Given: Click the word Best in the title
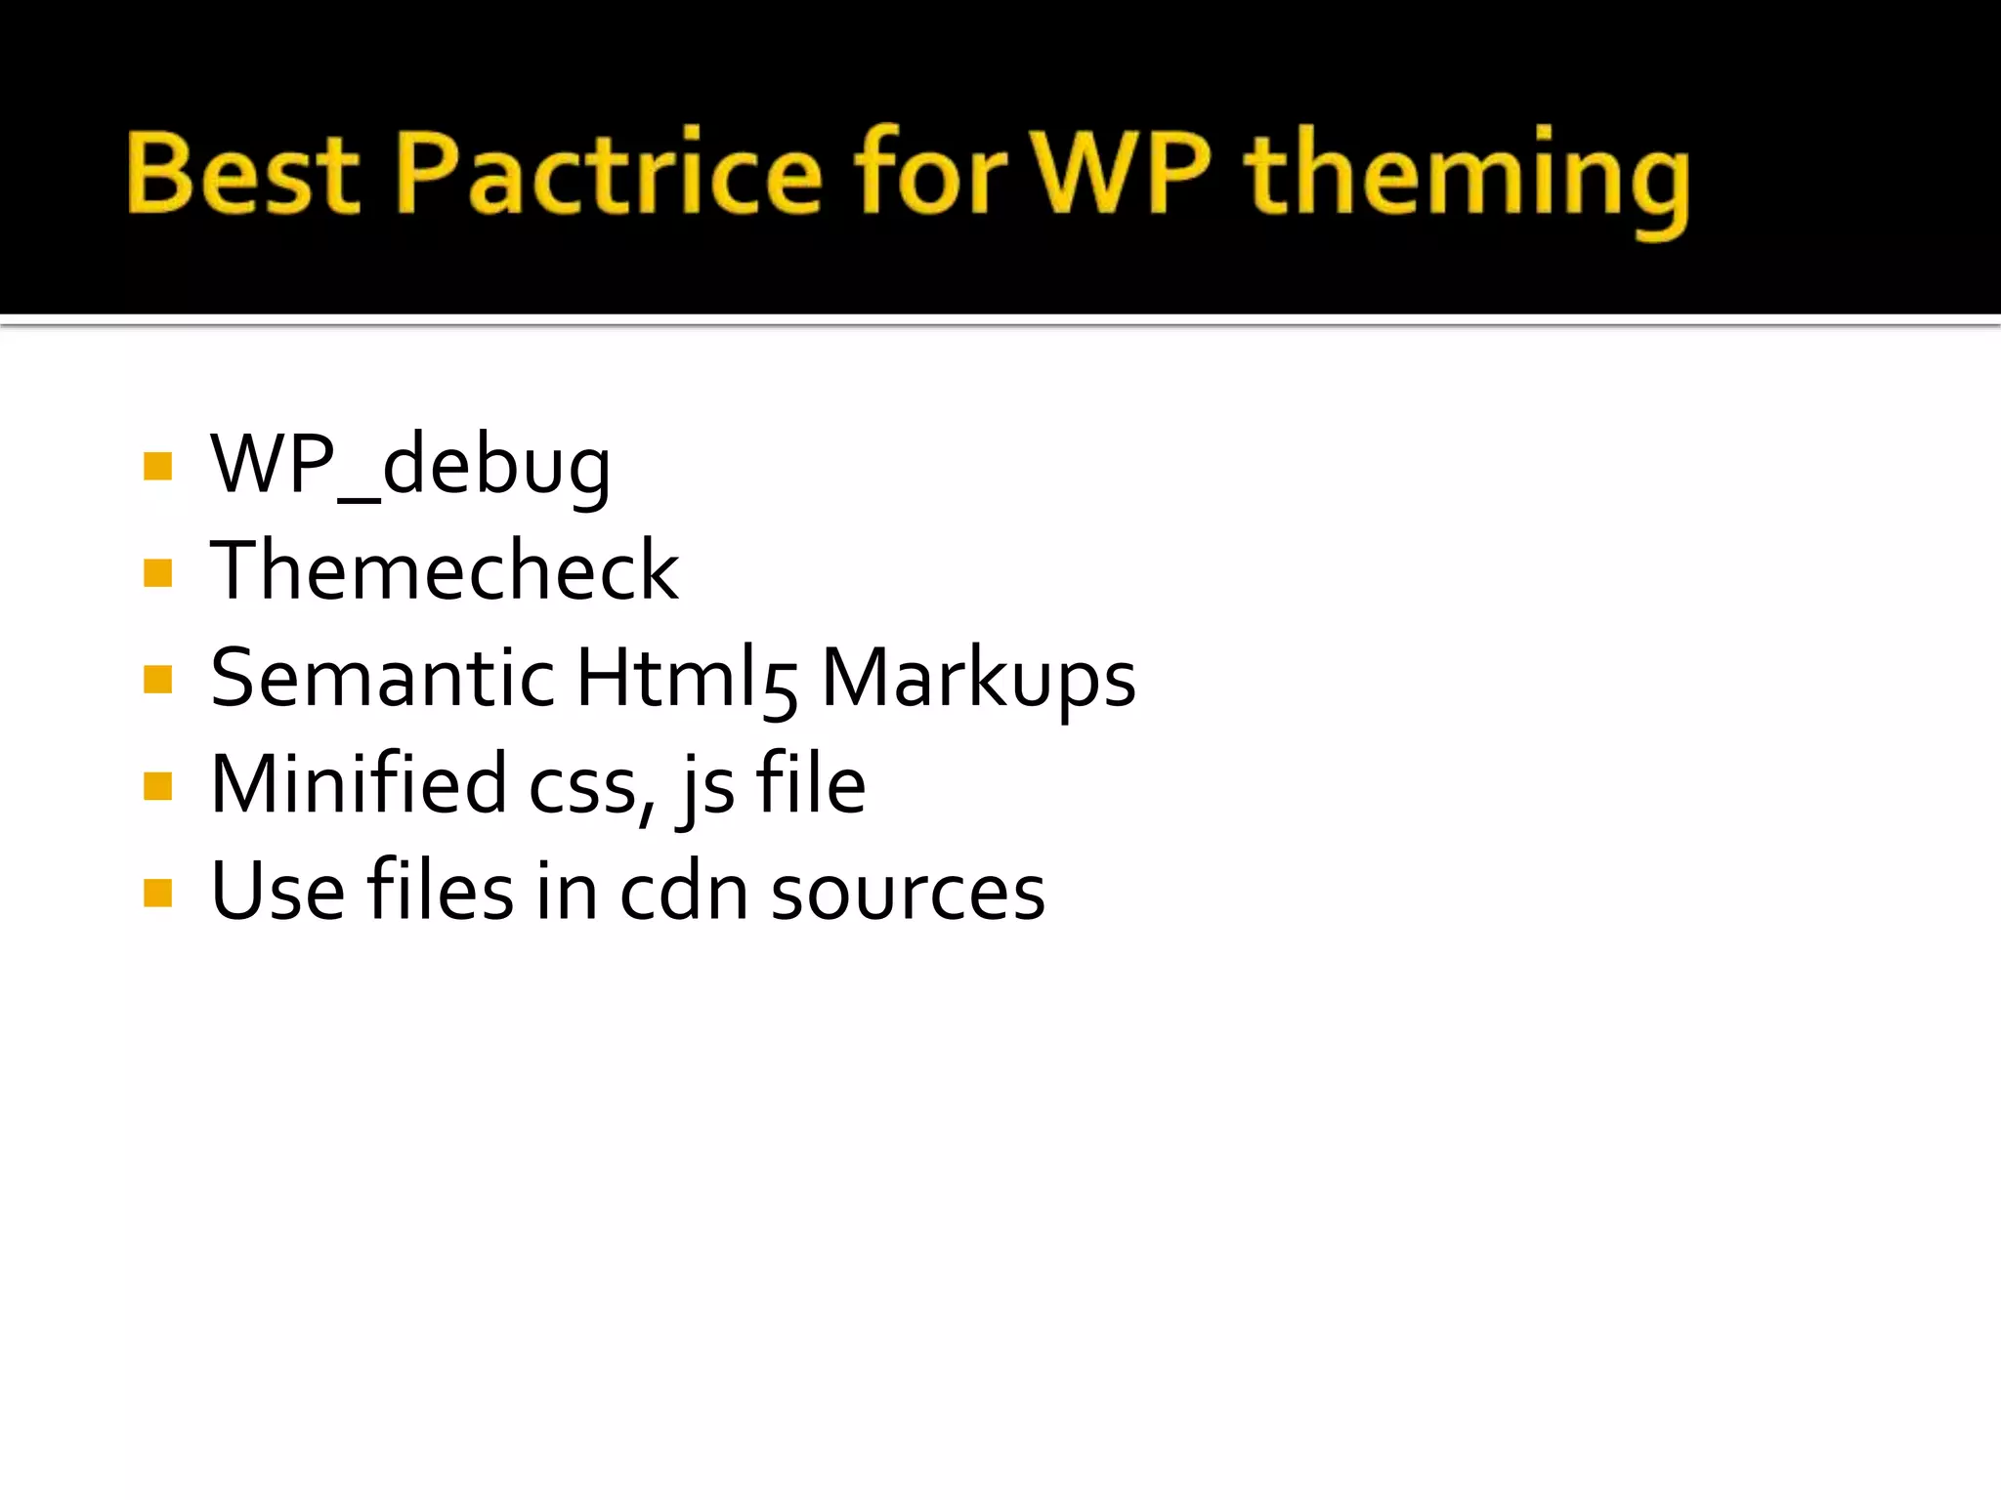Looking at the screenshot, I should click(x=241, y=174).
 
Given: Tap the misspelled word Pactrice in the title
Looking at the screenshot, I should click(x=609, y=174).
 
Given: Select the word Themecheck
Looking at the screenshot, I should click(x=445, y=570).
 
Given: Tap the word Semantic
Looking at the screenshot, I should click(x=382, y=678).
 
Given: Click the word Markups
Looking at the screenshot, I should click(x=978, y=680).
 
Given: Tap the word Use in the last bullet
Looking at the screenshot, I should click(x=277, y=891).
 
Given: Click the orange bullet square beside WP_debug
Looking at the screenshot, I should click(x=157, y=467).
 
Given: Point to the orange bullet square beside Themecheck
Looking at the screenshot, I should click(x=157, y=572).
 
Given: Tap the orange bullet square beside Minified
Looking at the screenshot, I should click(x=157, y=786).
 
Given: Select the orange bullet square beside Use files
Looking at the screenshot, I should click(x=157, y=893).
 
